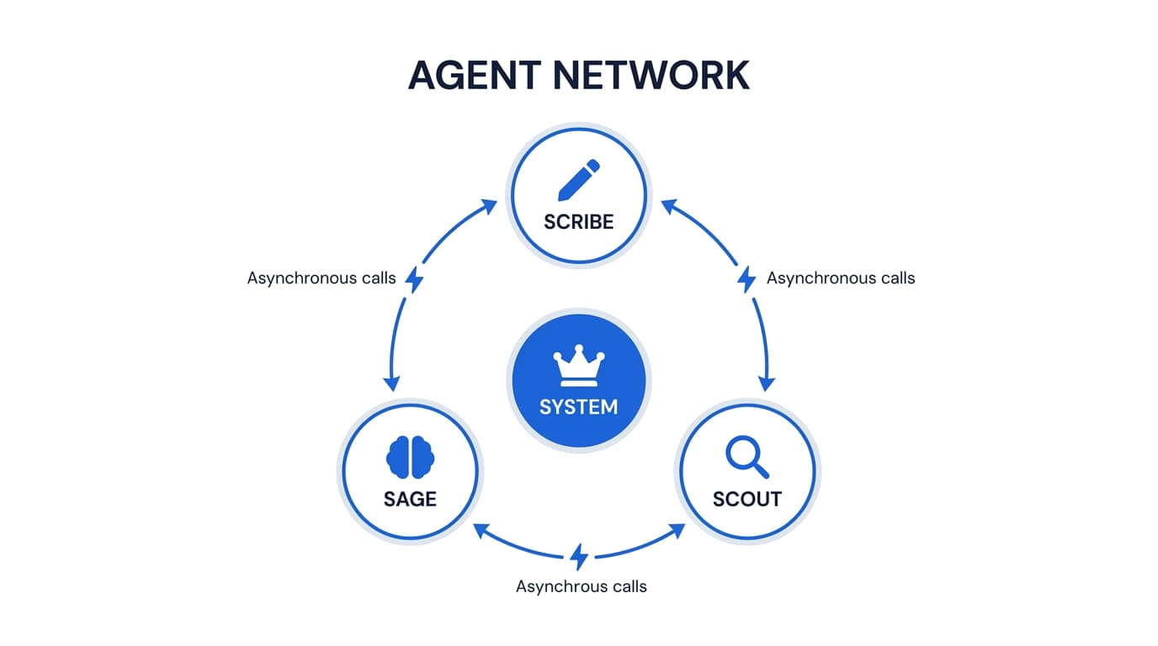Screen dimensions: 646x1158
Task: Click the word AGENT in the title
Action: click(x=474, y=75)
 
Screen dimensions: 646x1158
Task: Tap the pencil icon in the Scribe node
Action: click(x=578, y=180)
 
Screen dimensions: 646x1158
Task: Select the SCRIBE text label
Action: click(x=578, y=222)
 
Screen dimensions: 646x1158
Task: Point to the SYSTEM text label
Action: click(x=578, y=407)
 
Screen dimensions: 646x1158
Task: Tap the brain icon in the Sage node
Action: click(x=410, y=458)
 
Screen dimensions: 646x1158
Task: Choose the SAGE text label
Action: click(x=410, y=499)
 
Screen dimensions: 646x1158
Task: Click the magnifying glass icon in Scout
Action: click(x=746, y=458)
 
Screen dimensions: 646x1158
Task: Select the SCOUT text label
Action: click(x=746, y=499)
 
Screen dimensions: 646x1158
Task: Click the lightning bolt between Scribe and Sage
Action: click(x=413, y=279)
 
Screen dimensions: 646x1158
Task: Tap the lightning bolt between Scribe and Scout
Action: click(x=746, y=279)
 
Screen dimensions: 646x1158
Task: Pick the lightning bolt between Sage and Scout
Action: click(x=578, y=556)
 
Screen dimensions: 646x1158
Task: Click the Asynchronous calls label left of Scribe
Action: click(x=321, y=278)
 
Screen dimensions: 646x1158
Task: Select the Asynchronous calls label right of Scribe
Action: click(x=840, y=278)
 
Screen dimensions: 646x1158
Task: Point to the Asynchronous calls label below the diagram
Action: click(x=581, y=586)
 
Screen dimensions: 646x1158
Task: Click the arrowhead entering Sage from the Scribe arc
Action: click(x=391, y=384)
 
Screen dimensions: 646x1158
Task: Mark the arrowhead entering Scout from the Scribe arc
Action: click(x=766, y=384)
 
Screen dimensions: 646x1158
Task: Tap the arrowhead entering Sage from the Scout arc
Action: click(x=481, y=530)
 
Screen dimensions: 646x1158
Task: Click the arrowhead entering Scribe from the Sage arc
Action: click(x=489, y=204)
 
